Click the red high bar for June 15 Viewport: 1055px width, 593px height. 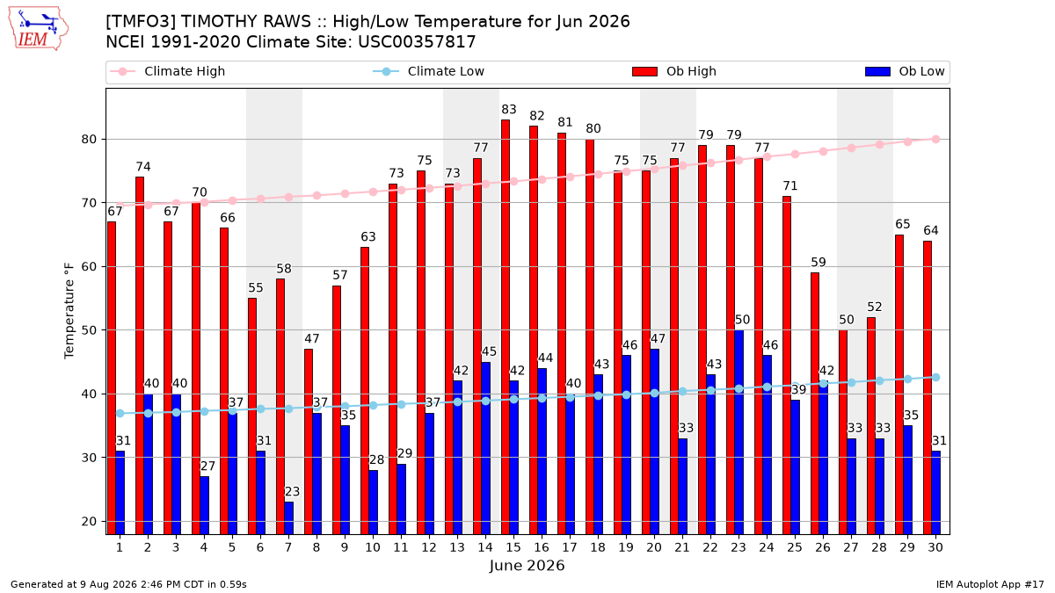point(506,327)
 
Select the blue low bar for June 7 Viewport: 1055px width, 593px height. point(288,518)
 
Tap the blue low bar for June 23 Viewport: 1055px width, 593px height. point(739,432)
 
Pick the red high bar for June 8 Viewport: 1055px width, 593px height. point(309,442)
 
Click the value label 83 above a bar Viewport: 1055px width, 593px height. point(509,110)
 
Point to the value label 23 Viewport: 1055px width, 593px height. point(292,492)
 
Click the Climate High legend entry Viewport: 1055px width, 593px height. point(168,71)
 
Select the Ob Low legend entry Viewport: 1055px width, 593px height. point(905,71)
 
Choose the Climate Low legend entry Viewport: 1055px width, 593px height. point(429,71)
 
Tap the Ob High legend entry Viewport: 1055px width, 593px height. point(674,71)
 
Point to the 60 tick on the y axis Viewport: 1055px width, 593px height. point(89,267)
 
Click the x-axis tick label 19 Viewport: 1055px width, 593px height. point(626,547)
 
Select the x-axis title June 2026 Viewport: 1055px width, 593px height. point(527,565)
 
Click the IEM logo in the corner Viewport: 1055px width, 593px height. point(39,29)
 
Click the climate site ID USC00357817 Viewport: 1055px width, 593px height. point(417,42)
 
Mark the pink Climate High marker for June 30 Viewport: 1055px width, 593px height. point(935,140)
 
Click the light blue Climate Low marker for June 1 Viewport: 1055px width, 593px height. point(120,413)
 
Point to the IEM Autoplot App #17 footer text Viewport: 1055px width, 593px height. point(990,584)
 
